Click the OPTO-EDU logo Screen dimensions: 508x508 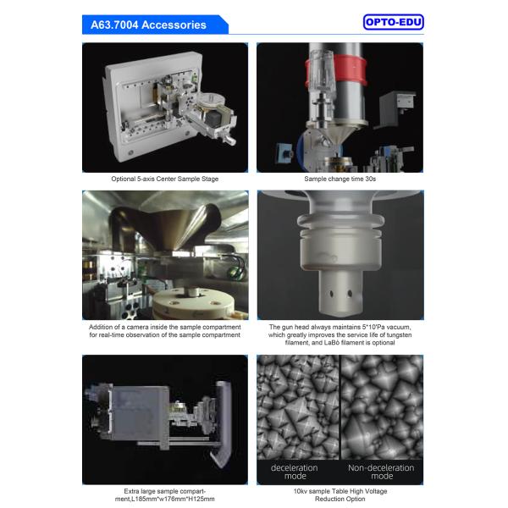click(x=393, y=23)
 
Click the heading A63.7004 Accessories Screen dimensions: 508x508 click(x=148, y=25)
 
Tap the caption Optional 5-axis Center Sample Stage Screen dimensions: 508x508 click(x=165, y=179)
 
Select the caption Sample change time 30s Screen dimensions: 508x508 click(x=340, y=179)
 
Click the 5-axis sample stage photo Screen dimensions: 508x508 click(x=165, y=108)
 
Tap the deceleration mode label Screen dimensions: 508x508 click(x=294, y=472)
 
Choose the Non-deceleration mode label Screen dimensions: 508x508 click(x=381, y=472)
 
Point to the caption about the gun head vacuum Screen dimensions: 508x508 click(x=340, y=334)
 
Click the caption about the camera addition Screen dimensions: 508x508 click(x=165, y=330)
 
